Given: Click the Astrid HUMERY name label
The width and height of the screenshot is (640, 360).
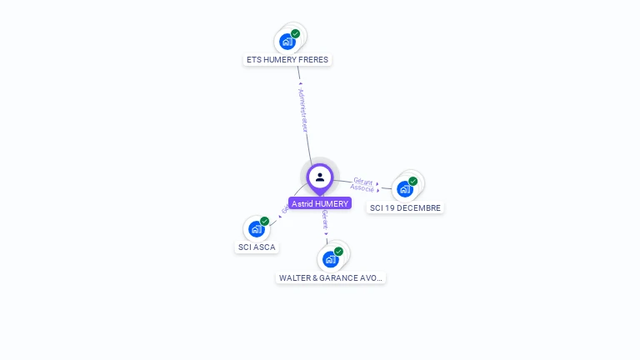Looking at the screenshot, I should [320, 203].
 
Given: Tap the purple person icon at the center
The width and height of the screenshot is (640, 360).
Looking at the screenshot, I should [320, 177].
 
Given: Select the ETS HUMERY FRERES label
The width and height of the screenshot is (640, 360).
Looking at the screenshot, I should [287, 60].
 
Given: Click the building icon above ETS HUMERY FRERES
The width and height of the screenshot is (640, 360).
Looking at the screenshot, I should [287, 41].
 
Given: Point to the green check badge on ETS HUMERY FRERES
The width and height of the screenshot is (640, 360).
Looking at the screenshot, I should [296, 34].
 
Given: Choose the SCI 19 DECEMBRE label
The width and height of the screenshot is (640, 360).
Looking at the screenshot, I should [405, 207].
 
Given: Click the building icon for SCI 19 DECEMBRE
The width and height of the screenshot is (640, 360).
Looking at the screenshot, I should [405, 188].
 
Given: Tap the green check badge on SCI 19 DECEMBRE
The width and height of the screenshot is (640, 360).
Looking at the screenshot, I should [413, 181].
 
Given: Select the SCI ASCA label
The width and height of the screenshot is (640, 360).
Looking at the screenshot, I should [257, 247].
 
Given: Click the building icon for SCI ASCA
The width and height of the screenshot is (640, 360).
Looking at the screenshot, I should [257, 228].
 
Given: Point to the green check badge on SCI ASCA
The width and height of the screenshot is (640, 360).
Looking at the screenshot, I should [265, 221].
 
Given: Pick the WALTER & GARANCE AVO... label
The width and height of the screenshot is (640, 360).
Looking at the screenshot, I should [331, 277].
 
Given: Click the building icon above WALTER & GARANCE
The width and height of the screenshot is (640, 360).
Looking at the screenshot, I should [330, 258].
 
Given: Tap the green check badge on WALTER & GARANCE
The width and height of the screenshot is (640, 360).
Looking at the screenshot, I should [338, 251].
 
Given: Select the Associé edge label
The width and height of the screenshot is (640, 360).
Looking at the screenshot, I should [362, 188].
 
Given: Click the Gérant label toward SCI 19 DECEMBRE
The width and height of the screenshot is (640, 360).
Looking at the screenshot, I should [363, 181].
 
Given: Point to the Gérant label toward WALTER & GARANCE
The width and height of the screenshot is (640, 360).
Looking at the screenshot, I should [325, 220].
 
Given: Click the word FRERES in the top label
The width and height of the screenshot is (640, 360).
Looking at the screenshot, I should [313, 60].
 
